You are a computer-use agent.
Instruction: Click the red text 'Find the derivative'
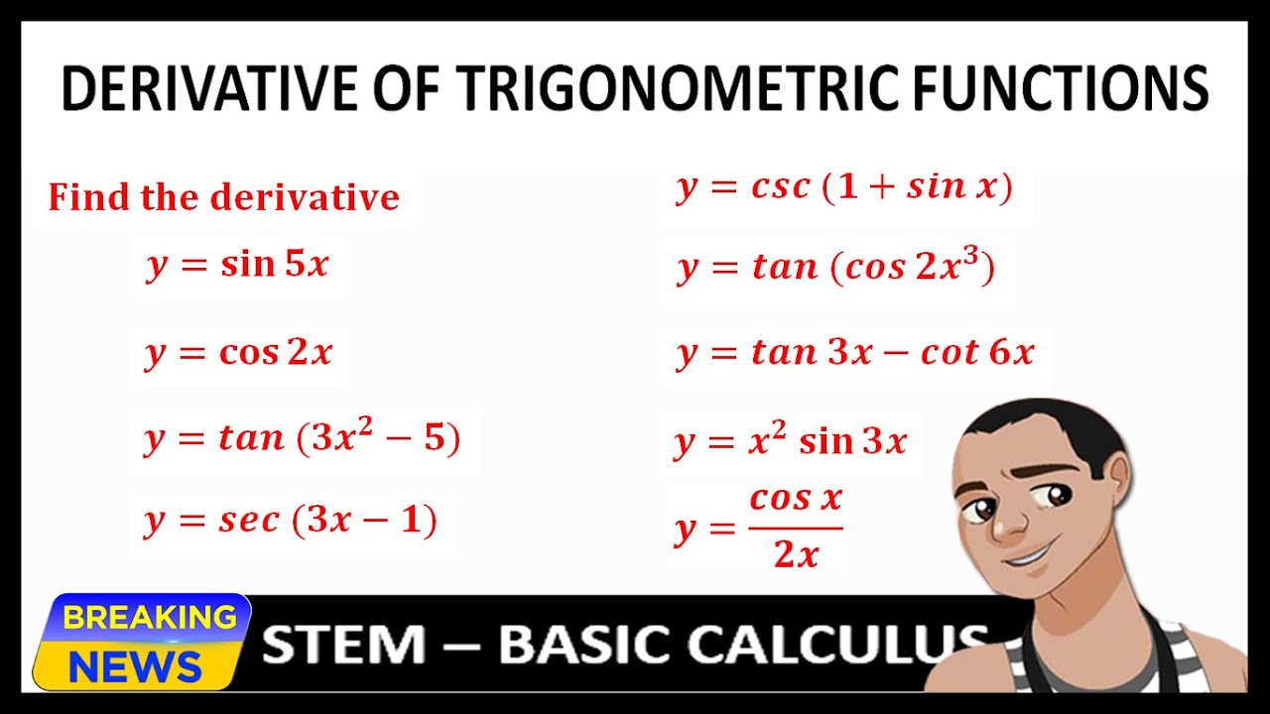point(223,196)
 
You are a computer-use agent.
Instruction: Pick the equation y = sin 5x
point(237,265)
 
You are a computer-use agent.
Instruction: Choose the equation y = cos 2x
point(238,352)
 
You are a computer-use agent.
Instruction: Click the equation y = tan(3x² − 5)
point(303,438)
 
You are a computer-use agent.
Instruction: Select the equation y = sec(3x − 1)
point(291,520)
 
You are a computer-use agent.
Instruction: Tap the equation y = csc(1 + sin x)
point(844,187)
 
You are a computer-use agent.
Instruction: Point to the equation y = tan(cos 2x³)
point(836,267)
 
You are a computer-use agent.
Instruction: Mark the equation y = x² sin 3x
point(791,440)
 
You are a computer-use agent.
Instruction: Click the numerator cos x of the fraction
point(796,498)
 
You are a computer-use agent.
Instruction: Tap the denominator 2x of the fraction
point(796,554)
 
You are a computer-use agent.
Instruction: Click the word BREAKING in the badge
point(149,618)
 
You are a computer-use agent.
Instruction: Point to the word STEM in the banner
point(343,645)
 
